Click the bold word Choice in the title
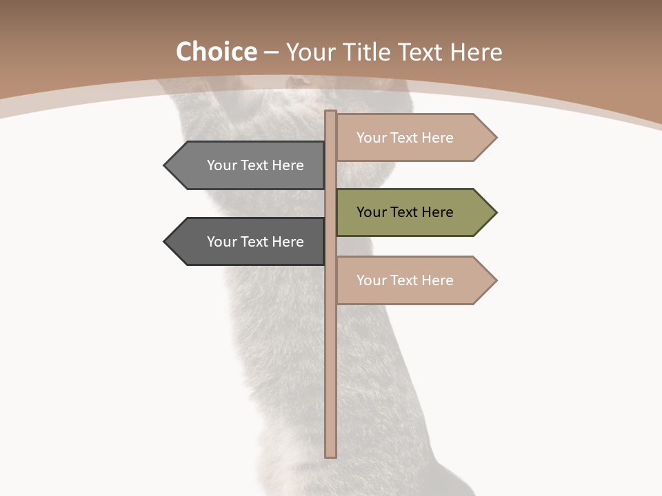tap(216, 52)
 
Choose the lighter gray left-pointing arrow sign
tap(248, 165)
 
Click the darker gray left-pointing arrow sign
tap(248, 242)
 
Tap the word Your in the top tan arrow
tap(372, 138)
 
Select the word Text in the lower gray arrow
tap(255, 242)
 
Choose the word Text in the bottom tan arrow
tap(405, 280)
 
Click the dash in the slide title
tap(271, 52)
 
